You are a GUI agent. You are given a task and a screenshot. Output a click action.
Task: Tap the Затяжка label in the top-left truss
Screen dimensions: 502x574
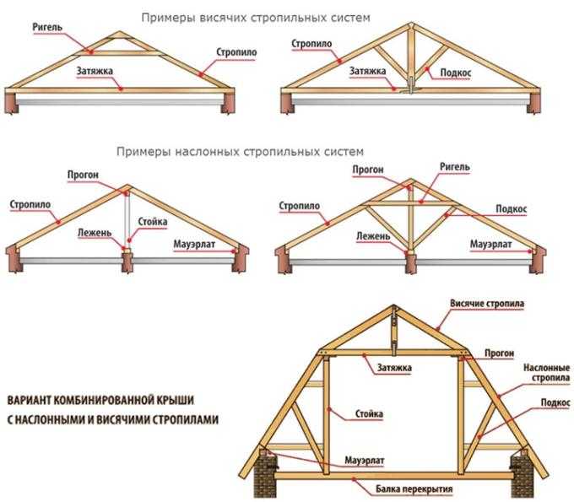point(95,72)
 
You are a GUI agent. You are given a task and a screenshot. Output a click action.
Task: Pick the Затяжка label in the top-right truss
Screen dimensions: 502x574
point(369,73)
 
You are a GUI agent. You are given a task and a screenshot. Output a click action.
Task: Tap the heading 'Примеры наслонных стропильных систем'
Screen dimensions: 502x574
point(241,152)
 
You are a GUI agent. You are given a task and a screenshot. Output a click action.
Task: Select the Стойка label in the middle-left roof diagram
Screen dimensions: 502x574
point(153,222)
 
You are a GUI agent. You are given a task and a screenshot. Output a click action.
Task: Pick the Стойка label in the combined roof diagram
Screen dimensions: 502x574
point(370,414)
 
